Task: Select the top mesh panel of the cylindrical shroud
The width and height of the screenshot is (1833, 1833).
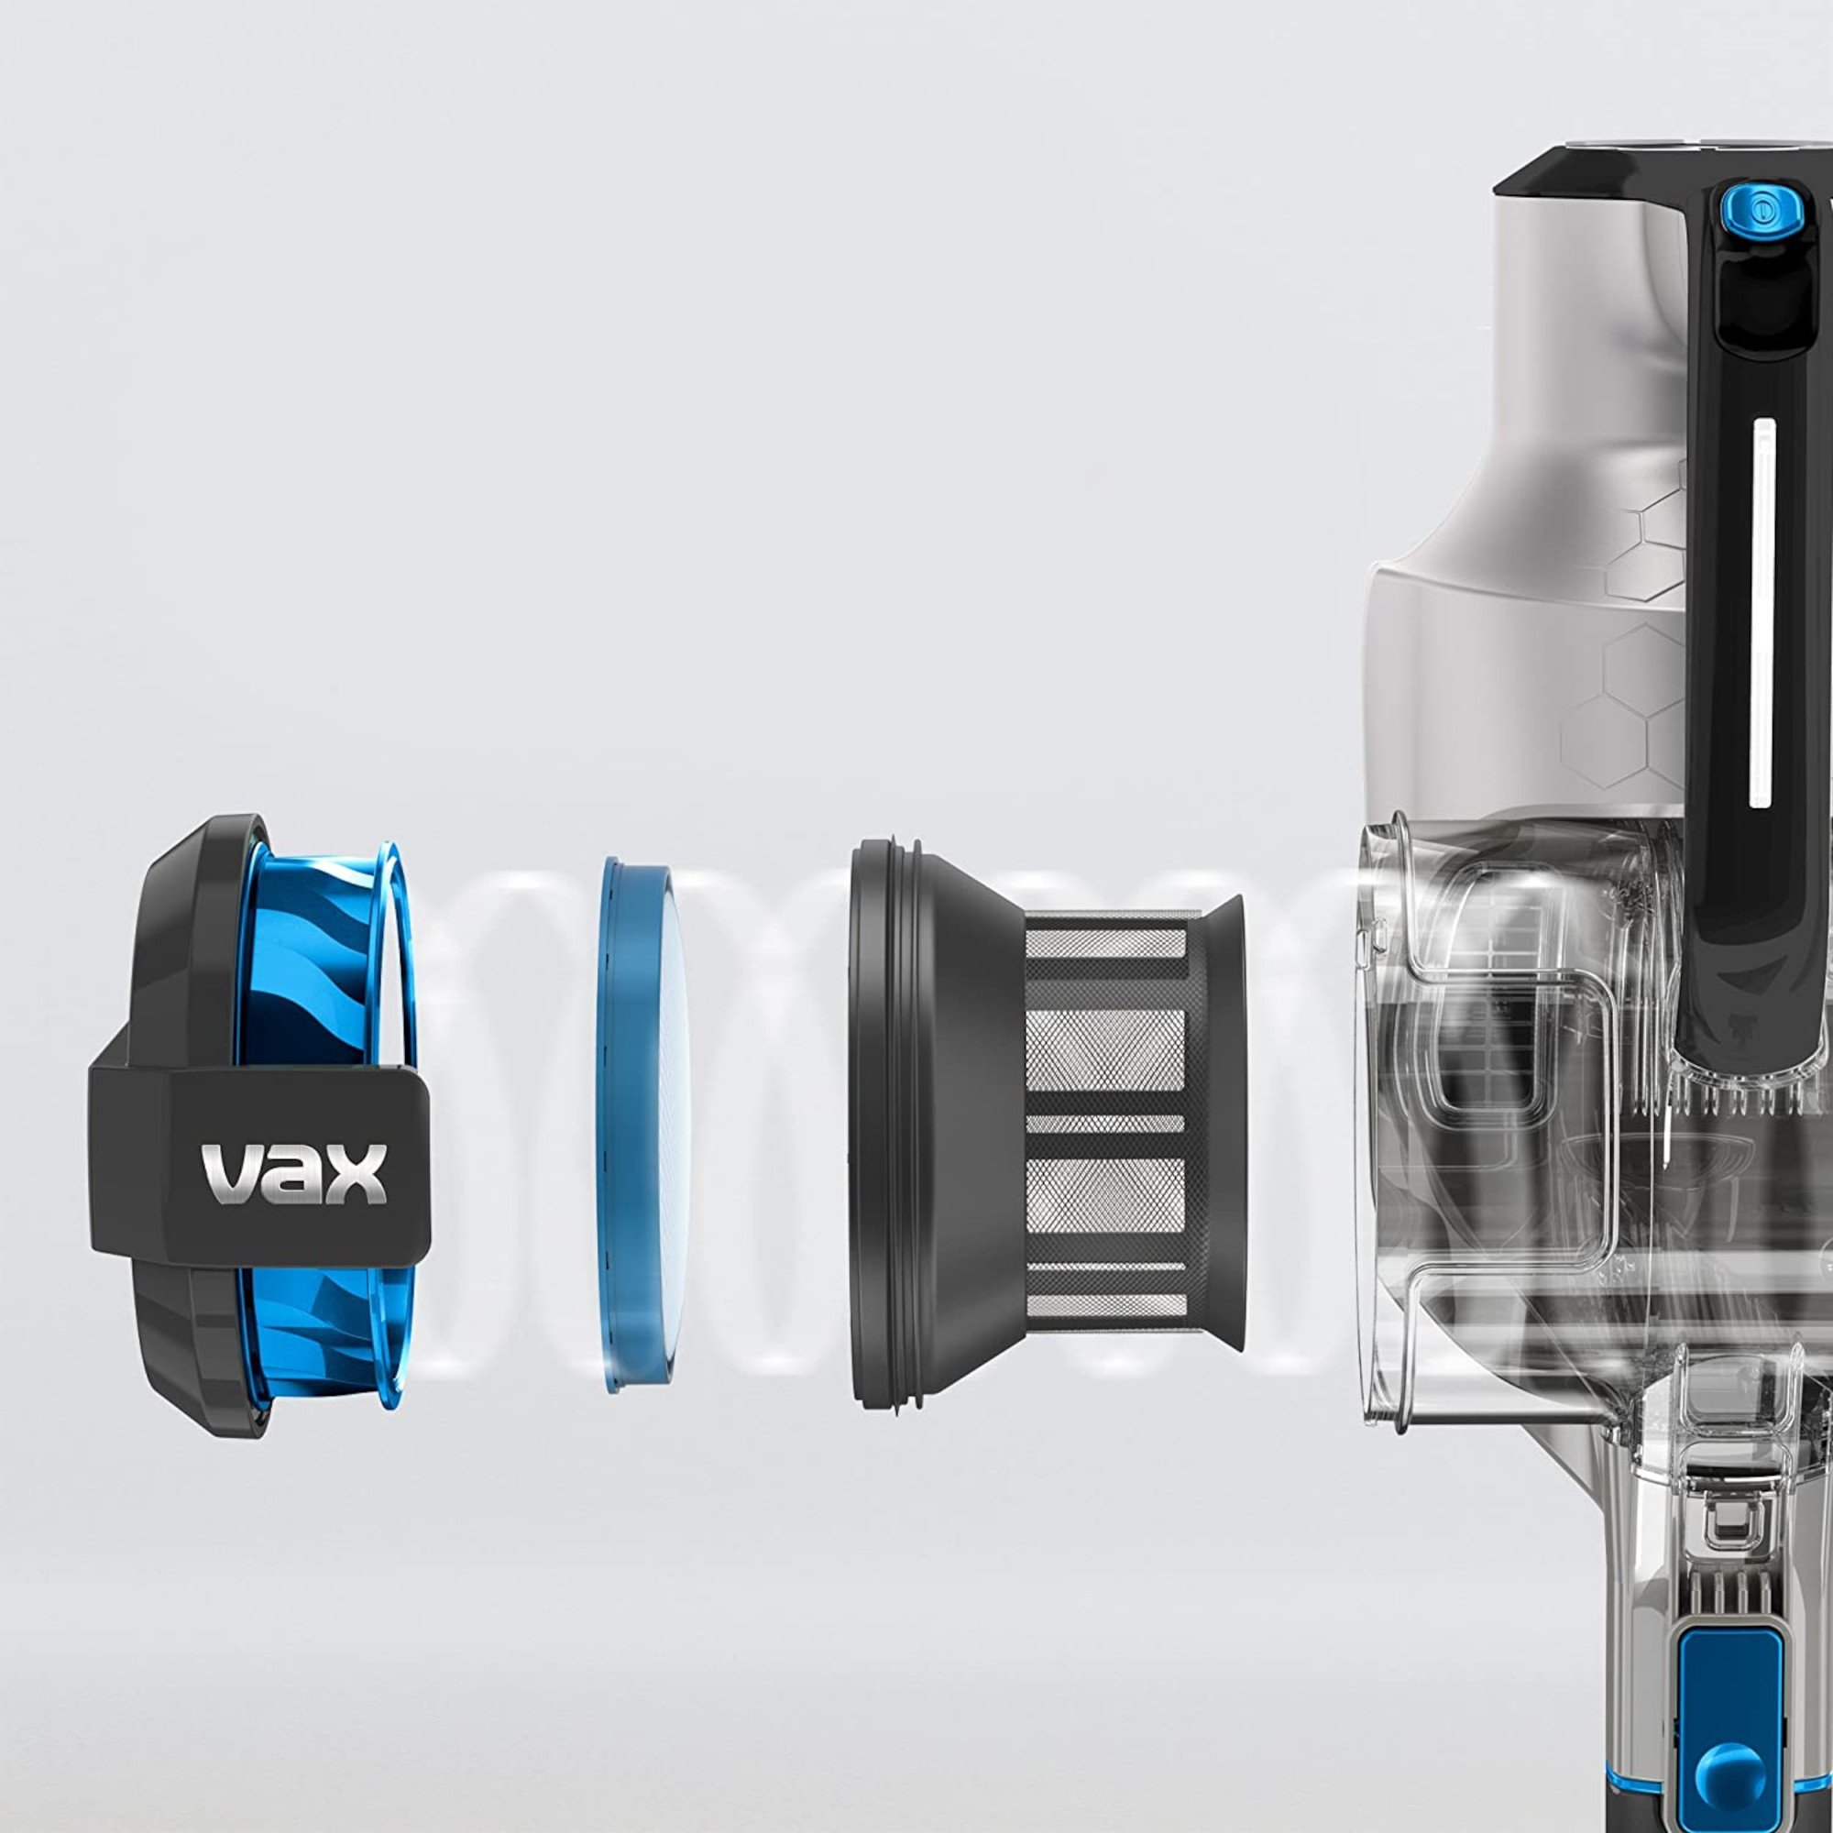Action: point(1106,943)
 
